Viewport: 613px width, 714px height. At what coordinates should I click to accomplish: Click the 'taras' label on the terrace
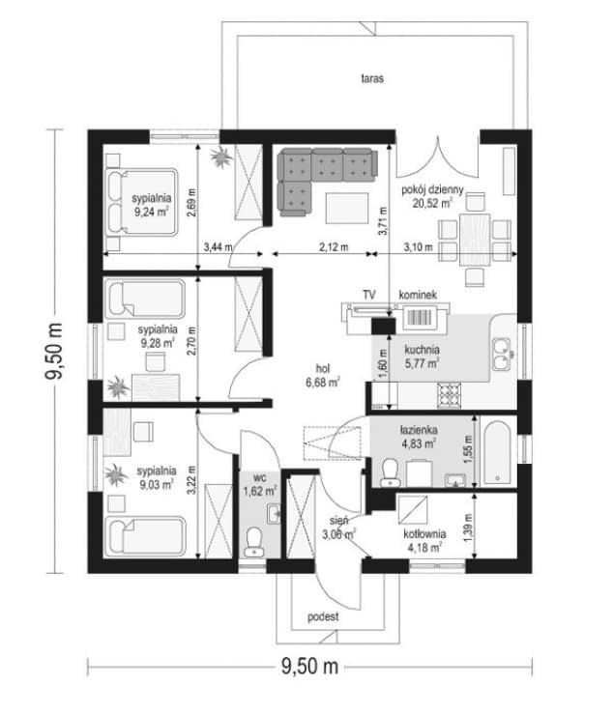pos(372,78)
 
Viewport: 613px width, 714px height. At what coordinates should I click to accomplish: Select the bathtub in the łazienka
pos(496,452)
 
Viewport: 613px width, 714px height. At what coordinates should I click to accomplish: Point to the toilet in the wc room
pos(253,542)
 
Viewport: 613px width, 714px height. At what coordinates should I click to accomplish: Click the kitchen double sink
pos(502,355)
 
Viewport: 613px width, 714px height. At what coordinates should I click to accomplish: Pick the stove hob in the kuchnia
pos(449,394)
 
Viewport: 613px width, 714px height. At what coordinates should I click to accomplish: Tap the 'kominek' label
pos(418,295)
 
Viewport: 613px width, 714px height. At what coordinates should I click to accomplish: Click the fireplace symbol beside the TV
pos(420,317)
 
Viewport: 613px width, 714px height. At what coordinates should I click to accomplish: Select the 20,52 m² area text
pos(432,203)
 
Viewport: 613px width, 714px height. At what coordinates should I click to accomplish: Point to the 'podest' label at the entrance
pos(323,616)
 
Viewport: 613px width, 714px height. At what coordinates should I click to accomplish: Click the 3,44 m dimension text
pos(218,247)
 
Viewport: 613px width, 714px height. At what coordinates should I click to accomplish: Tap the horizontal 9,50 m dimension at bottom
pos(310,667)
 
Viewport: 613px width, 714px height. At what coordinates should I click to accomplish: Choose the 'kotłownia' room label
pos(424,533)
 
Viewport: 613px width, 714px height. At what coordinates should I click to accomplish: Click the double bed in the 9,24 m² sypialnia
pos(141,203)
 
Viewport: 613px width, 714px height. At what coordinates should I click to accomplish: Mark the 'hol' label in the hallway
pos(323,368)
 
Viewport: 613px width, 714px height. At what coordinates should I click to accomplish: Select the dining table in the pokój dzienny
pos(475,240)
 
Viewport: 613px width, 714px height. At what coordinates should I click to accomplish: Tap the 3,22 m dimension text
pos(191,480)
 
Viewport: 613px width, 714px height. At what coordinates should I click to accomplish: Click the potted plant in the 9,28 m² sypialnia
pos(118,387)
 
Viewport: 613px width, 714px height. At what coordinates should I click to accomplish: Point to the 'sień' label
pos(339,521)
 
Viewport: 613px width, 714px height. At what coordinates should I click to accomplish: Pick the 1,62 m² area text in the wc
pos(260,492)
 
